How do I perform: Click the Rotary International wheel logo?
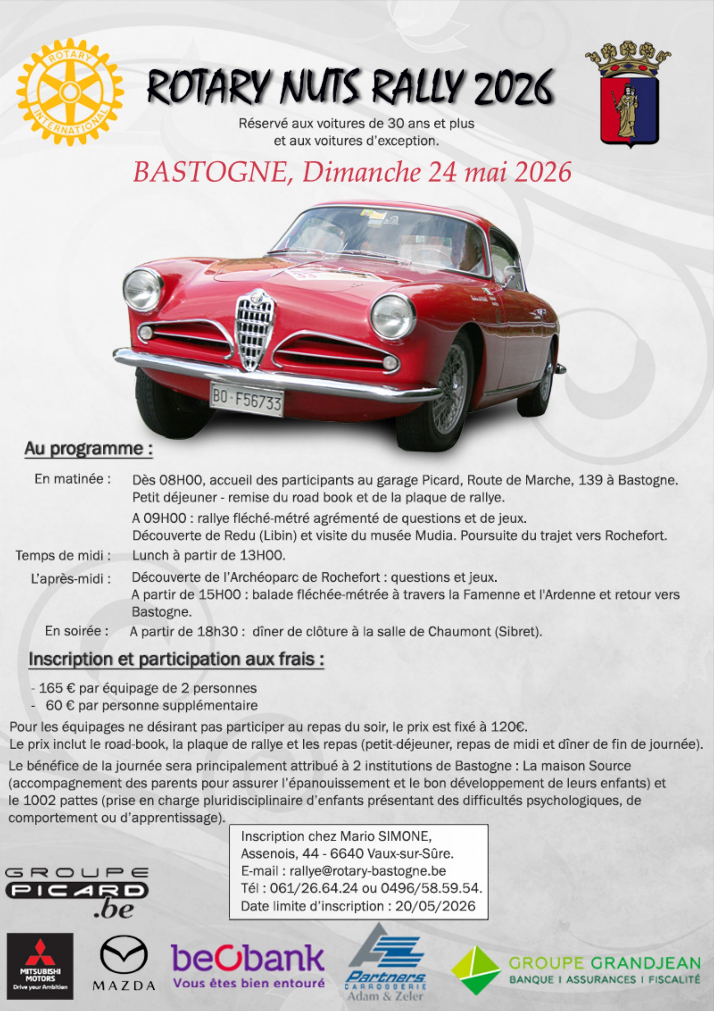point(70,92)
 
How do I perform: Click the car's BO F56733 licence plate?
point(247,399)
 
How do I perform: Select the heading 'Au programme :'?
point(89,449)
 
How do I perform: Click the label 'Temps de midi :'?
point(63,556)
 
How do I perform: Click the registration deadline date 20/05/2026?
point(435,906)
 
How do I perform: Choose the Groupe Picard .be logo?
point(77,892)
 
